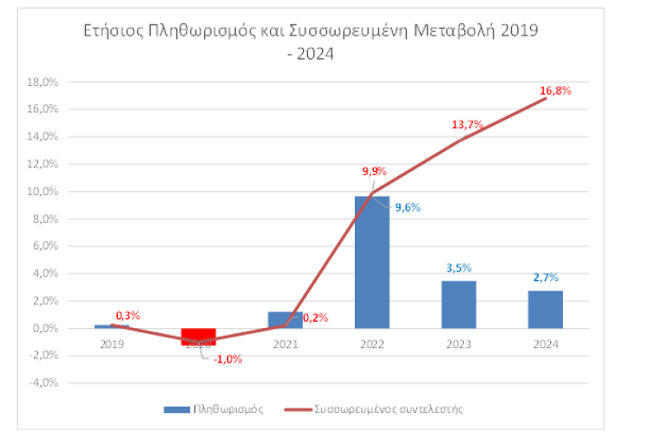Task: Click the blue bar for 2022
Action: [x=371, y=262]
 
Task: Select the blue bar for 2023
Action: [x=458, y=304]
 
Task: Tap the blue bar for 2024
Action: [x=545, y=310]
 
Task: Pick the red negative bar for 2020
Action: [x=198, y=337]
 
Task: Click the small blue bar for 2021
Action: [x=285, y=320]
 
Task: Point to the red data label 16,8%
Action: [x=554, y=90]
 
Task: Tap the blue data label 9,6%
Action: [x=407, y=208]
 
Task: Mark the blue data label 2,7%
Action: [x=545, y=278]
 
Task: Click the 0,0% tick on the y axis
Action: [x=45, y=329]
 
